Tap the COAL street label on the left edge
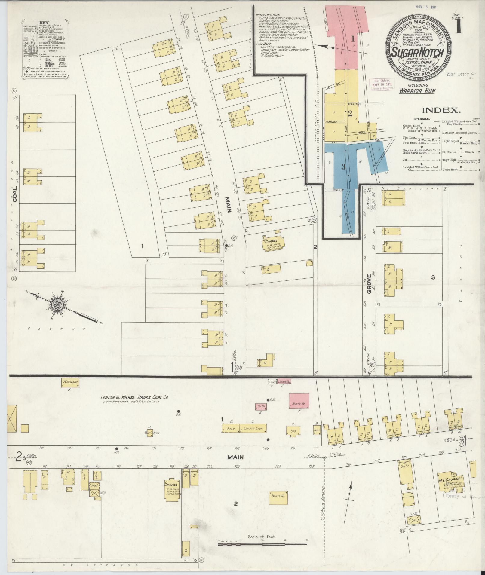(14, 194)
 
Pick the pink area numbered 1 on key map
(352, 38)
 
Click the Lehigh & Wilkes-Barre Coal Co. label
(134, 397)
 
